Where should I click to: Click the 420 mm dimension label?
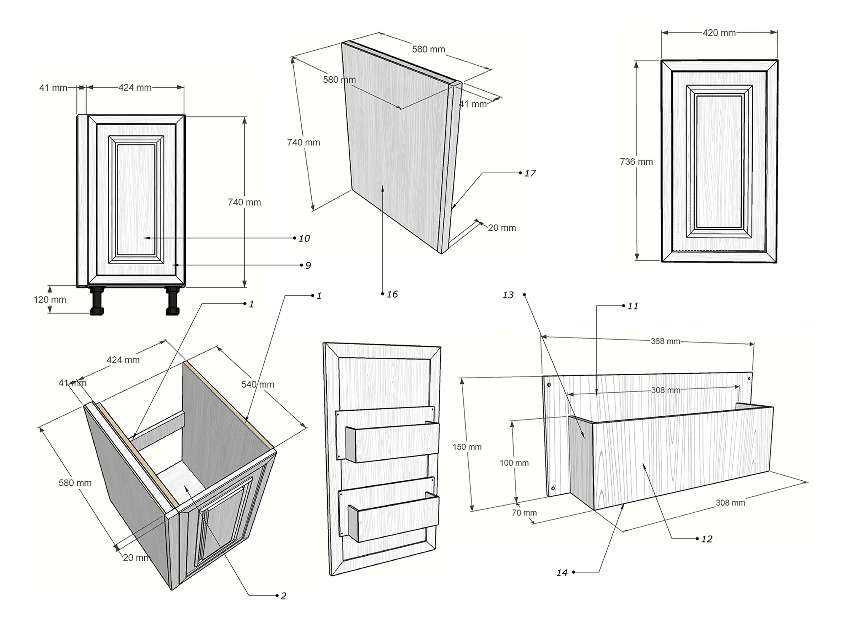coord(719,33)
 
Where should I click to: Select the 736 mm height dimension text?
coord(636,162)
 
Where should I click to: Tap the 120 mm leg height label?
coord(50,300)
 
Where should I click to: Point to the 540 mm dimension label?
coord(258,384)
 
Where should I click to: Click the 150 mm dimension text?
coord(467,447)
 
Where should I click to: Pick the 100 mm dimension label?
coord(514,463)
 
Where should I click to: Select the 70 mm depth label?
coord(524,513)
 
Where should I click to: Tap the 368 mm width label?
coord(665,341)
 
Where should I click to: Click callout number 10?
coord(304,238)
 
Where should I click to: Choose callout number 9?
coord(308,265)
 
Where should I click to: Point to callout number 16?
coord(392,295)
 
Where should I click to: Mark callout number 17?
coord(530,173)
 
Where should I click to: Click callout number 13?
coord(508,295)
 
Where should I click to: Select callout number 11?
coord(633,306)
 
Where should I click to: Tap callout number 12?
coord(706,539)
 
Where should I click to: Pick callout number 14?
coord(562,573)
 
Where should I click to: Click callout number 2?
coord(283,596)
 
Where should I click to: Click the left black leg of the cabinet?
coord(97,301)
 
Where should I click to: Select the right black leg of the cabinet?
coord(172,301)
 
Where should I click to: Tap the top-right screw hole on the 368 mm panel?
coord(749,379)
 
